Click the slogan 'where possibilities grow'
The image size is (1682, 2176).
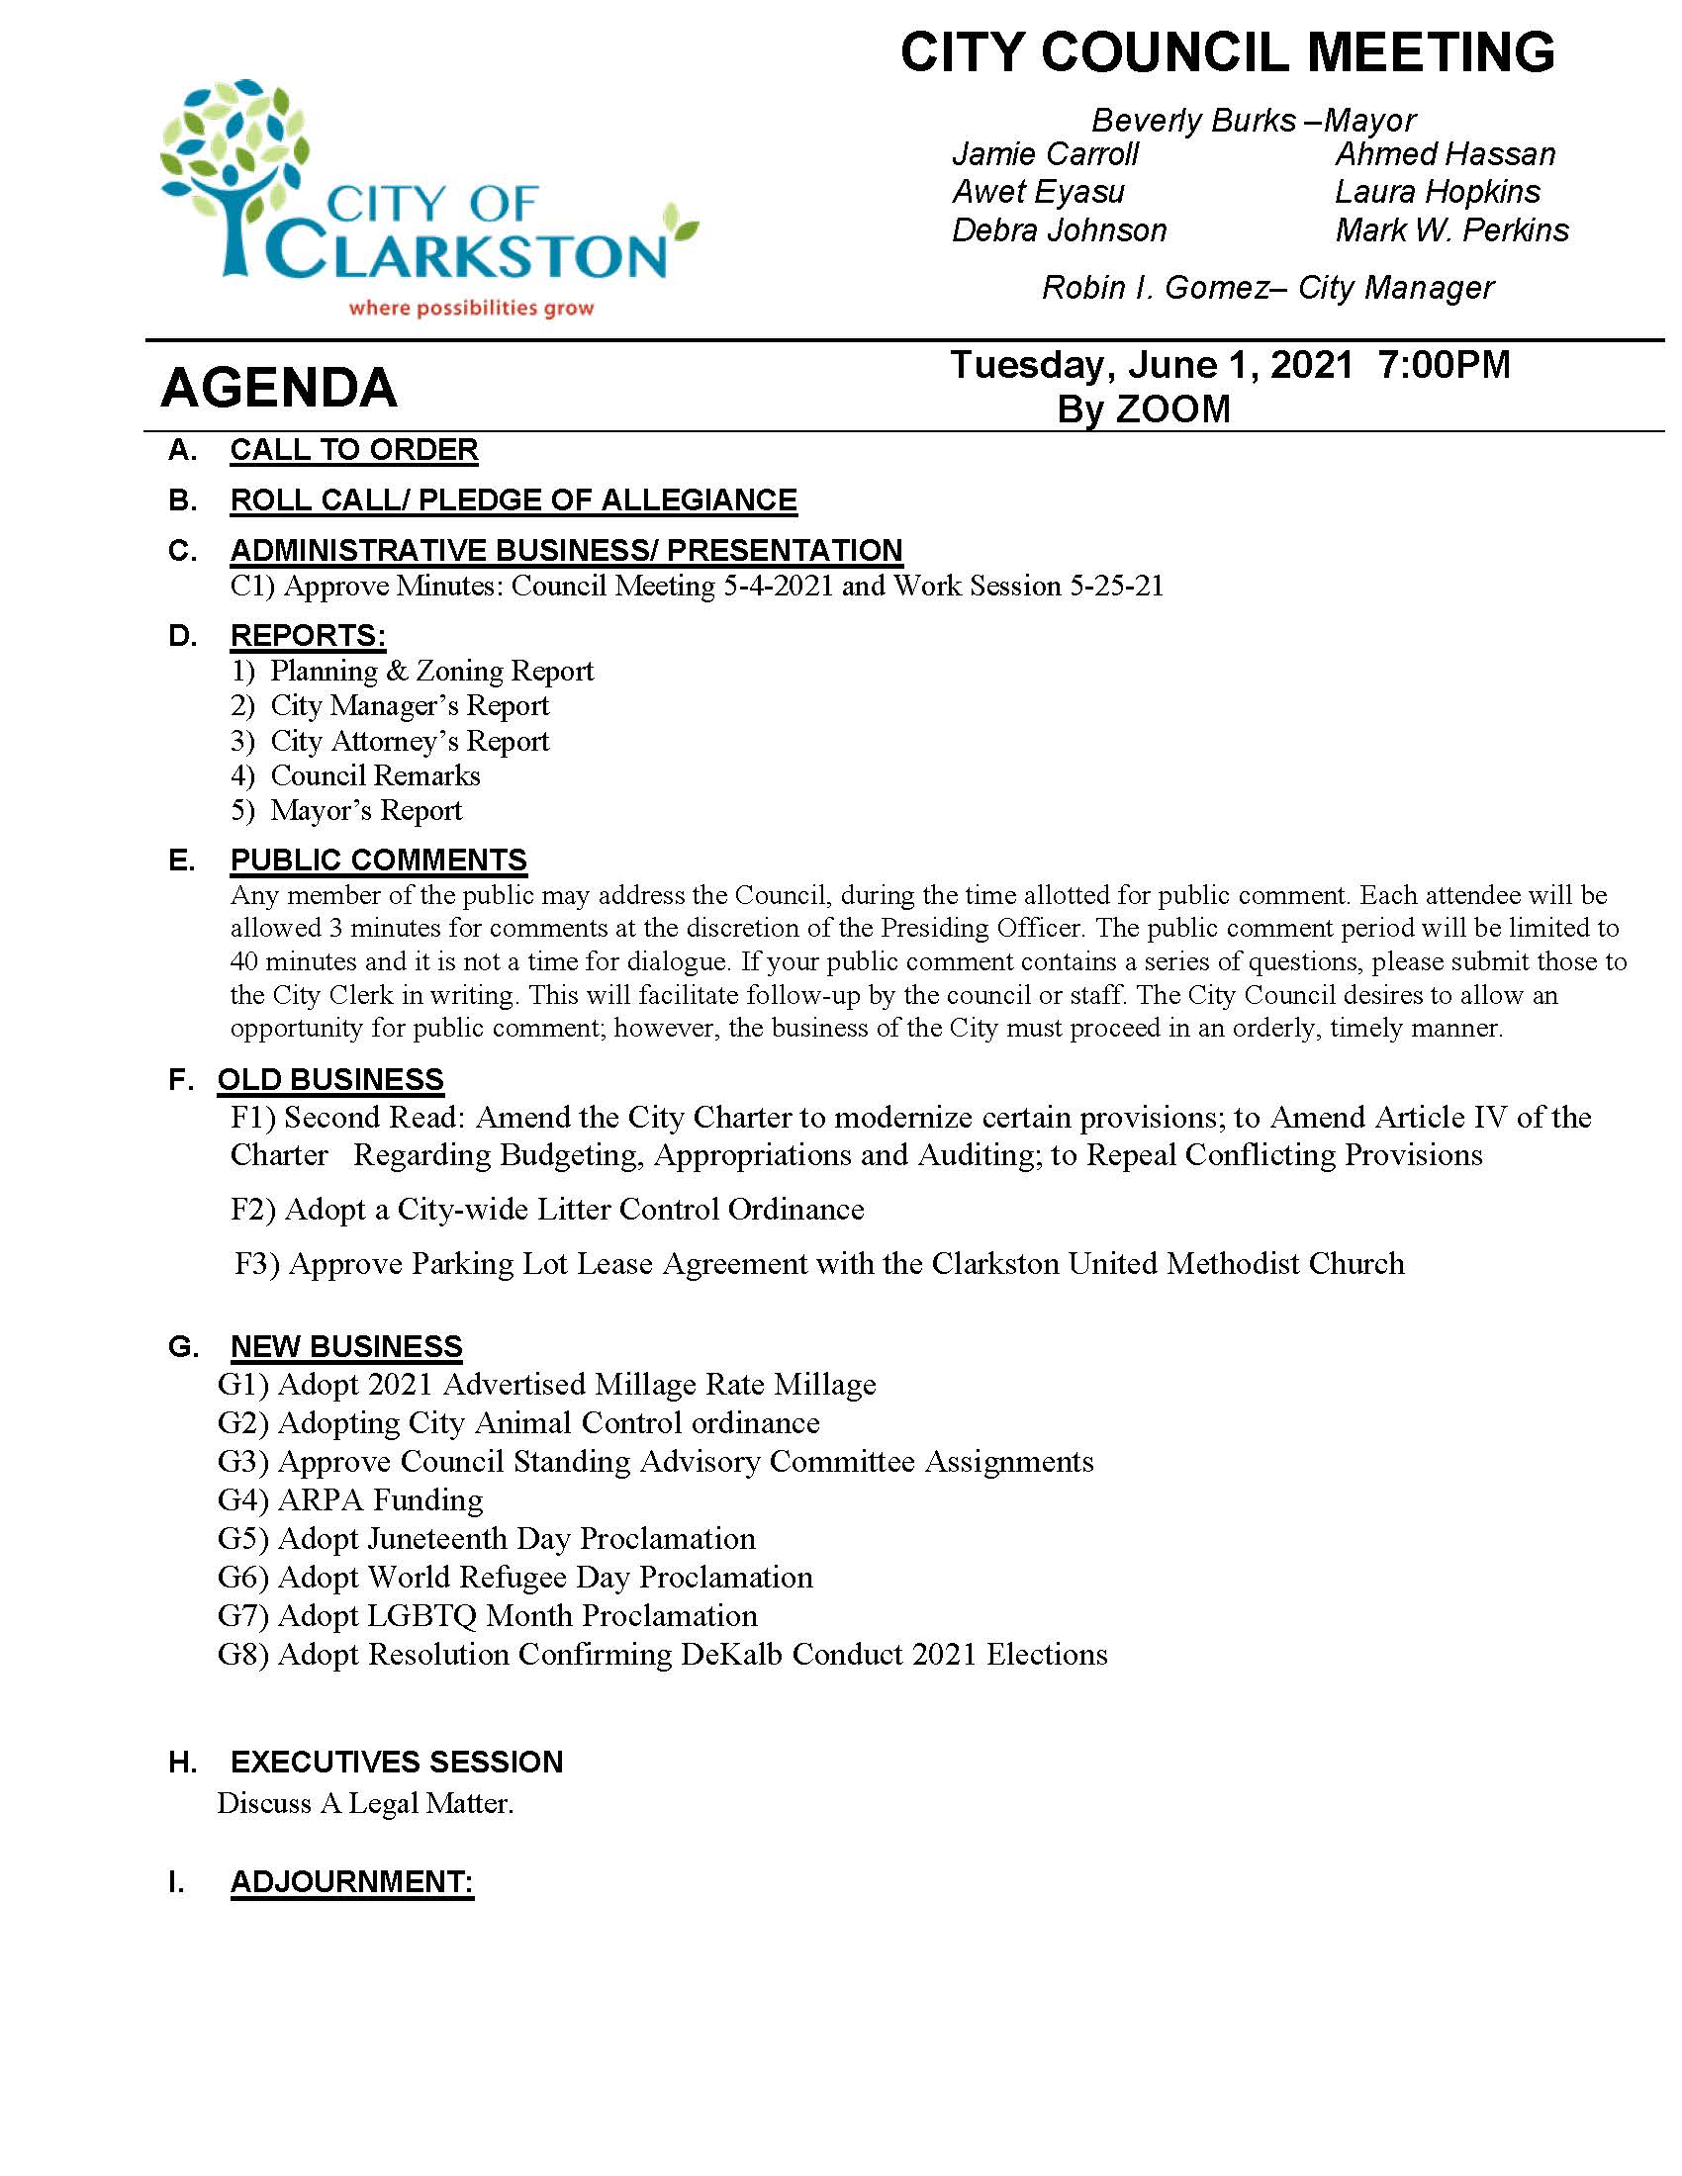click(x=470, y=308)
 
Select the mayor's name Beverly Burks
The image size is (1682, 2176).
click(x=1194, y=121)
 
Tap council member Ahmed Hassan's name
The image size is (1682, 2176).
click(x=1445, y=154)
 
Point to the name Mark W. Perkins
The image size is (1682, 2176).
click(x=1451, y=230)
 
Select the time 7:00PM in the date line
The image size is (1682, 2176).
click(x=1444, y=365)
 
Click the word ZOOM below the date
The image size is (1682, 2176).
click(x=1172, y=408)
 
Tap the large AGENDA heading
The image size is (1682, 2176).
click(x=279, y=388)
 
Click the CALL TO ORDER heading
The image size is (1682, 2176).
click(x=354, y=450)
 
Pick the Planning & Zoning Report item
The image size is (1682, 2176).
click(x=430, y=671)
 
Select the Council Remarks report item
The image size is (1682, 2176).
click(x=375, y=775)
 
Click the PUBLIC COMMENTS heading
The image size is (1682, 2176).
click(x=379, y=860)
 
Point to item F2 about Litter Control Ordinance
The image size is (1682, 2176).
click(x=547, y=1209)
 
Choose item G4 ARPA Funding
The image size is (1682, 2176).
click(x=349, y=1499)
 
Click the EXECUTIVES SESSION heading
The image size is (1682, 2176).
click(x=397, y=1762)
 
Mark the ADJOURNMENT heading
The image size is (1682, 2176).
click(x=352, y=1881)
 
